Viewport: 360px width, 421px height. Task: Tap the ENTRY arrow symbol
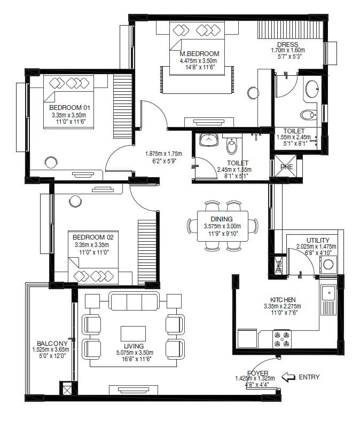point(288,377)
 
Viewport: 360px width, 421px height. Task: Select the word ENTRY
point(309,377)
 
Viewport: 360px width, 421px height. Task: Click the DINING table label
point(221,219)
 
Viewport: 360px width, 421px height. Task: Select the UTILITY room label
point(318,240)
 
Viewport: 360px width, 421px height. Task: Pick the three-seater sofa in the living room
point(134,301)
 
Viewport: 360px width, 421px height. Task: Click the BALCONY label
point(52,343)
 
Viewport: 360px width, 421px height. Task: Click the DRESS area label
point(287,44)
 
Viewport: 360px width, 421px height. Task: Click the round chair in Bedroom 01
point(51,162)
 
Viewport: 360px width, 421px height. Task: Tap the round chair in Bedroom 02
point(75,201)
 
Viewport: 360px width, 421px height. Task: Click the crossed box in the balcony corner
point(67,390)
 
